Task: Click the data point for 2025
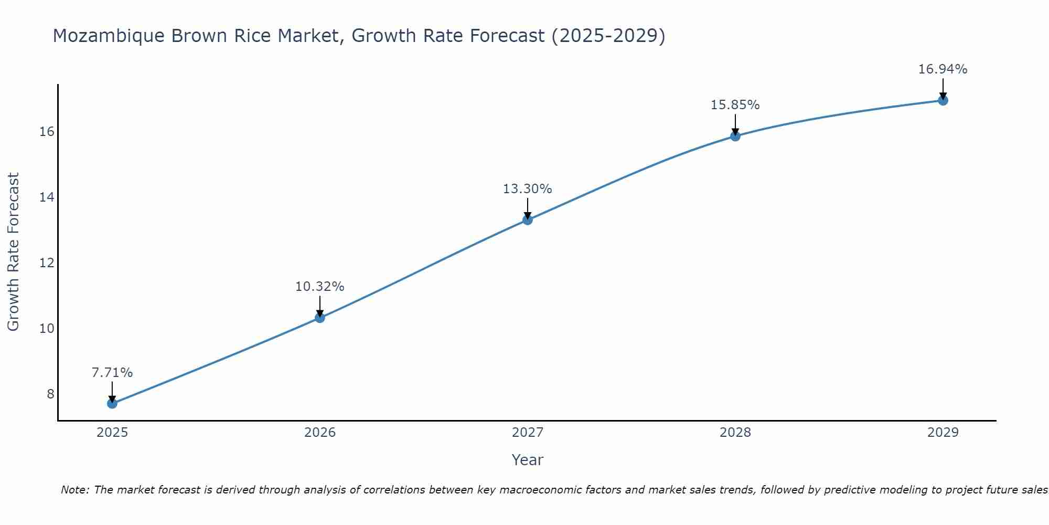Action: (x=112, y=403)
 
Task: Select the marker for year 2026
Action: (x=320, y=317)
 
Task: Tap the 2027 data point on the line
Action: (x=528, y=219)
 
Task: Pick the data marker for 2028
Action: (x=735, y=136)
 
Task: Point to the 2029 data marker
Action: (x=943, y=100)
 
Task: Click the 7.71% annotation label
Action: (x=112, y=373)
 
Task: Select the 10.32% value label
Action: (x=320, y=287)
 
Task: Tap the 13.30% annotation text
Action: (x=528, y=189)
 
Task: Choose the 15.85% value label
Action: (x=735, y=105)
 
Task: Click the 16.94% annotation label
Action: (x=943, y=69)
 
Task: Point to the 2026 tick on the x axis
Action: (x=320, y=433)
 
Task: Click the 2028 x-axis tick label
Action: (x=735, y=433)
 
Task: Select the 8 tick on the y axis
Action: (x=50, y=394)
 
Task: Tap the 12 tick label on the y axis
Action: (x=47, y=262)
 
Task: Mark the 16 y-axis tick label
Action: (x=47, y=131)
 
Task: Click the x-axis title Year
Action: (x=528, y=460)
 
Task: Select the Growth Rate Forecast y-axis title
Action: (x=14, y=252)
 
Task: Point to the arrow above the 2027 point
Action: (x=528, y=208)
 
